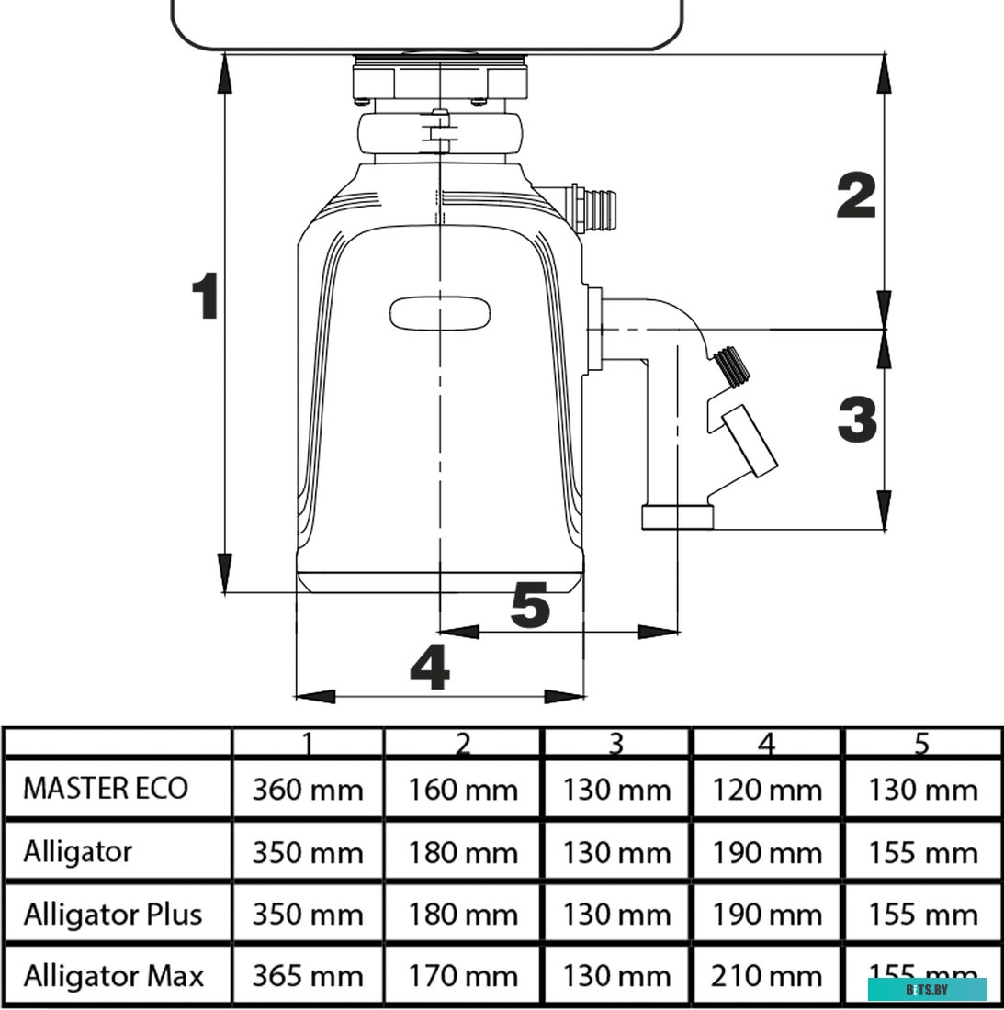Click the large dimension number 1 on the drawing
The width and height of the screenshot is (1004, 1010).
pyautogui.click(x=204, y=296)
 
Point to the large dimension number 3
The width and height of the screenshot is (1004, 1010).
pyautogui.click(x=857, y=419)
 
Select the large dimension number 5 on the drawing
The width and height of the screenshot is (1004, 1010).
pyautogui.click(x=530, y=606)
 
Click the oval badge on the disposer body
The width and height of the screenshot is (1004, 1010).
pyautogui.click(x=441, y=313)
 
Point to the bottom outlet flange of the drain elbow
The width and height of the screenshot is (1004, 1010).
pyautogui.click(x=677, y=518)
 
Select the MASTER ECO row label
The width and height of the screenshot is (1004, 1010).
pyautogui.click(x=106, y=789)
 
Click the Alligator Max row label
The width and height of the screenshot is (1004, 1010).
pyautogui.click(x=113, y=976)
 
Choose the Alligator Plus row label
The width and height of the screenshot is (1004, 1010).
pyautogui.click(x=112, y=915)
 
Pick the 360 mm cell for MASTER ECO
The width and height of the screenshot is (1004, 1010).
pyautogui.click(x=308, y=790)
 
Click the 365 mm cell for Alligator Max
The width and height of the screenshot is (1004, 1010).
pyautogui.click(x=308, y=976)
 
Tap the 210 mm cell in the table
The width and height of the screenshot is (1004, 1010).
pyautogui.click(x=766, y=976)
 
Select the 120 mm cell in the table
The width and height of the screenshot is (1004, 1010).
pyautogui.click(x=766, y=790)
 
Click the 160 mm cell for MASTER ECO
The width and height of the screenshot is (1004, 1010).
pyautogui.click(x=463, y=790)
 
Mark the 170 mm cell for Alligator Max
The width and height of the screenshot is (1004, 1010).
pyautogui.click(x=463, y=976)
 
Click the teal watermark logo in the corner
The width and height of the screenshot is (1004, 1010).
pyautogui.click(x=928, y=989)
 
